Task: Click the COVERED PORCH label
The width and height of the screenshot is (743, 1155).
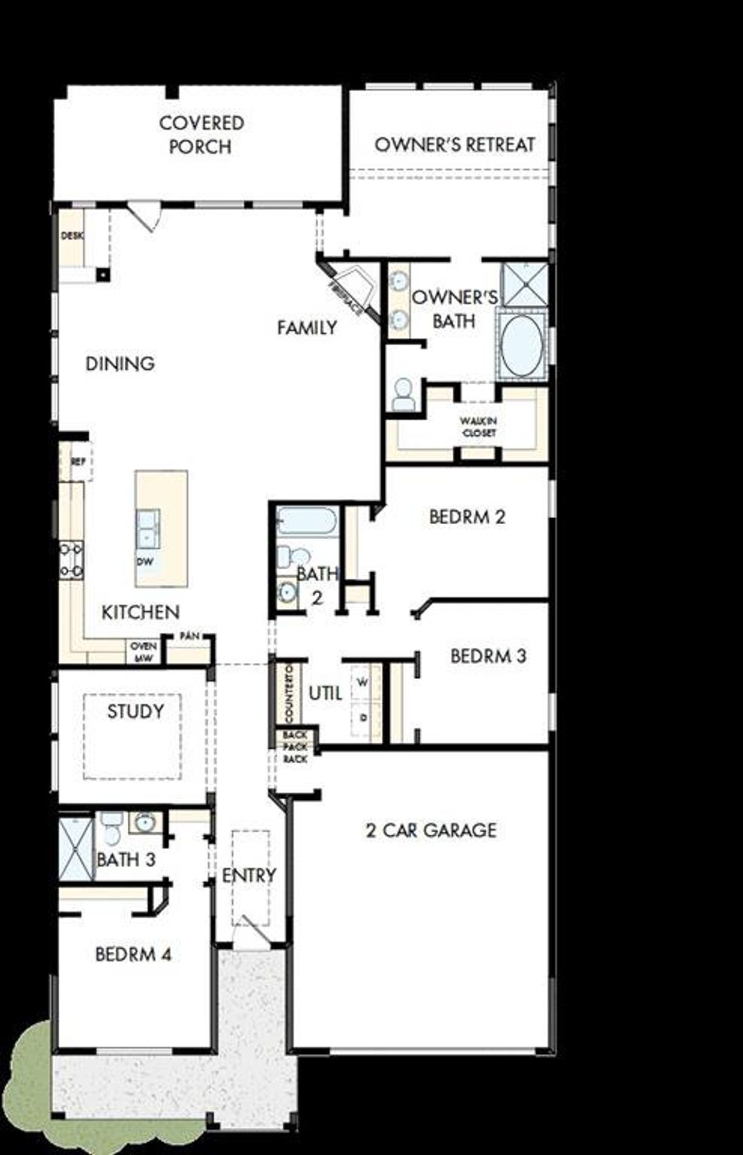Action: pyautogui.click(x=201, y=135)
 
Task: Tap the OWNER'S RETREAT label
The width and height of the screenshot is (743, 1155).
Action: pyautogui.click(x=455, y=145)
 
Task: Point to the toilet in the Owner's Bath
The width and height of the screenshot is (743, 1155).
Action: pyautogui.click(x=403, y=395)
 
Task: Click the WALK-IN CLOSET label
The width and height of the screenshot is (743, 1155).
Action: pyautogui.click(x=478, y=427)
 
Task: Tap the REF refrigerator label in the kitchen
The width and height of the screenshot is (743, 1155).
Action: pyautogui.click(x=79, y=462)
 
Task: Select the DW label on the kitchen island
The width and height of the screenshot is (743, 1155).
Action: pyautogui.click(x=145, y=561)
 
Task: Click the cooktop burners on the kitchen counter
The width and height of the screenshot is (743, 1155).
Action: pyautogui.click(x=71, y=560)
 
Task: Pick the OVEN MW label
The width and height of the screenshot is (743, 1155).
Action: pyautogui.click(x=143, y=652)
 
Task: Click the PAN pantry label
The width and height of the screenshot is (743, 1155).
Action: pyautogui.click(x=189, y=636)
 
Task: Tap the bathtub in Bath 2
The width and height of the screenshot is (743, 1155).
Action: pyautogui.click(x=306, y=521)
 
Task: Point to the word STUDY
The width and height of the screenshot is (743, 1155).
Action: pyautogui.click(x=135, y=711)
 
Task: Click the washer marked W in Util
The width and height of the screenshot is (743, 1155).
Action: pyautogui.click(x=363, y=683)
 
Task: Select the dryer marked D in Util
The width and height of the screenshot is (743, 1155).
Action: pyautogui.click(x=363, y=718)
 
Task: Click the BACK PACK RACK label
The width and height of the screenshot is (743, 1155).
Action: pyautogui.click(x=295, y=747)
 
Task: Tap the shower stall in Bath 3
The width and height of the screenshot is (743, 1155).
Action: pyautogui.click(x=76, y=849)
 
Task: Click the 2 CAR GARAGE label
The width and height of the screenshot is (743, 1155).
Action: pyautogui.click(x=431, y=830)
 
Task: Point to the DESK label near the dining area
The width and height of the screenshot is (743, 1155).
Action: pyautogui.click(x=72, y=236)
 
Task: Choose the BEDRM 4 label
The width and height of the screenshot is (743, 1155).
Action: pyautogui.click(x=134, y=954)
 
